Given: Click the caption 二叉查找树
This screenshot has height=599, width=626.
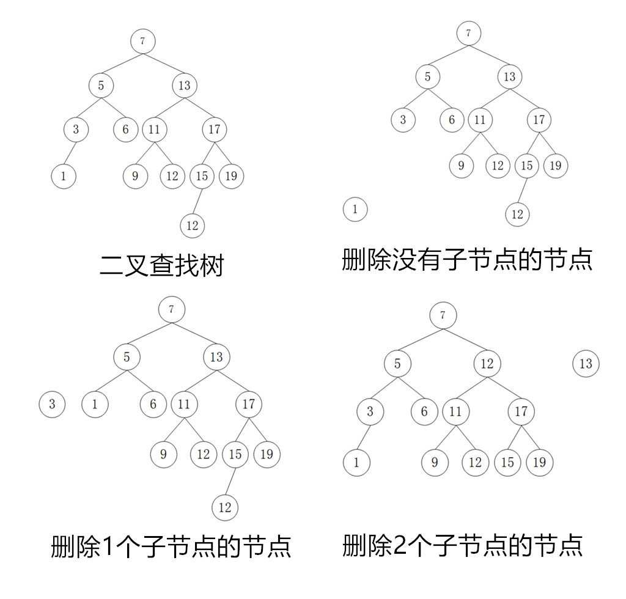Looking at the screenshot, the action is [162, 266].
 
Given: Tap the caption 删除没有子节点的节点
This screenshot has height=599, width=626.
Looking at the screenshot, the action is [467, 259].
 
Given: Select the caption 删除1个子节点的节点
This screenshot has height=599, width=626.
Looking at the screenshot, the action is [171, 546].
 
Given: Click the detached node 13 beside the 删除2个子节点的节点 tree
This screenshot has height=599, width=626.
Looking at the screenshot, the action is [586, 364].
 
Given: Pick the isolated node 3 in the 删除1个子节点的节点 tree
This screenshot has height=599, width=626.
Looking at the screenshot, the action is [52, 404].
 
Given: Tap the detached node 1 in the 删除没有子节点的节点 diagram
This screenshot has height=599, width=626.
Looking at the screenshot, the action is [355, 210].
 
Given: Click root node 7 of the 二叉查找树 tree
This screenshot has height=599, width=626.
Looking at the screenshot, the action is [142, 42].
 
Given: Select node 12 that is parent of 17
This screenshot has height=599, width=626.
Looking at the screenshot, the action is [487, 364].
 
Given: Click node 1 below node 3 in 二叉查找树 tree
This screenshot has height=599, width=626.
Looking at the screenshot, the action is [64, 176].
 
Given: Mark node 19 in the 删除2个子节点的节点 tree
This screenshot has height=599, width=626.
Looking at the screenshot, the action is [539, 462].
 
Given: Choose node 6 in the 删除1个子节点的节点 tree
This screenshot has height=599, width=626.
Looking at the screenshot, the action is [153, 404].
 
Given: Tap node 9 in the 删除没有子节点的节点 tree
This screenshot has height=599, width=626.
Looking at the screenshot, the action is [461, 165].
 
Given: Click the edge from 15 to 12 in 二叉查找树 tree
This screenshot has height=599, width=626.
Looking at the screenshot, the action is [197, 201].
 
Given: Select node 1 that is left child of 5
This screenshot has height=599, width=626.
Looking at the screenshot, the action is [95, 404].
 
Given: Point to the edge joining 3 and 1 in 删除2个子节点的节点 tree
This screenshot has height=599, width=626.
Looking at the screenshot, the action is [363, 437].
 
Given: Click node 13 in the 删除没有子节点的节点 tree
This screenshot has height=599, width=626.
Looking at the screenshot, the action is [509, 77].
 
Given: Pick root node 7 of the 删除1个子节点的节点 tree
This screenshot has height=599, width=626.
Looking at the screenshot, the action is [171, 309].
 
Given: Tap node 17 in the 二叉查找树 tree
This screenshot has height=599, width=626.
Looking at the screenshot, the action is [214, 130].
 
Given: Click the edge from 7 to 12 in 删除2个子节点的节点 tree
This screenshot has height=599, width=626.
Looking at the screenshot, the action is [465, 340].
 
